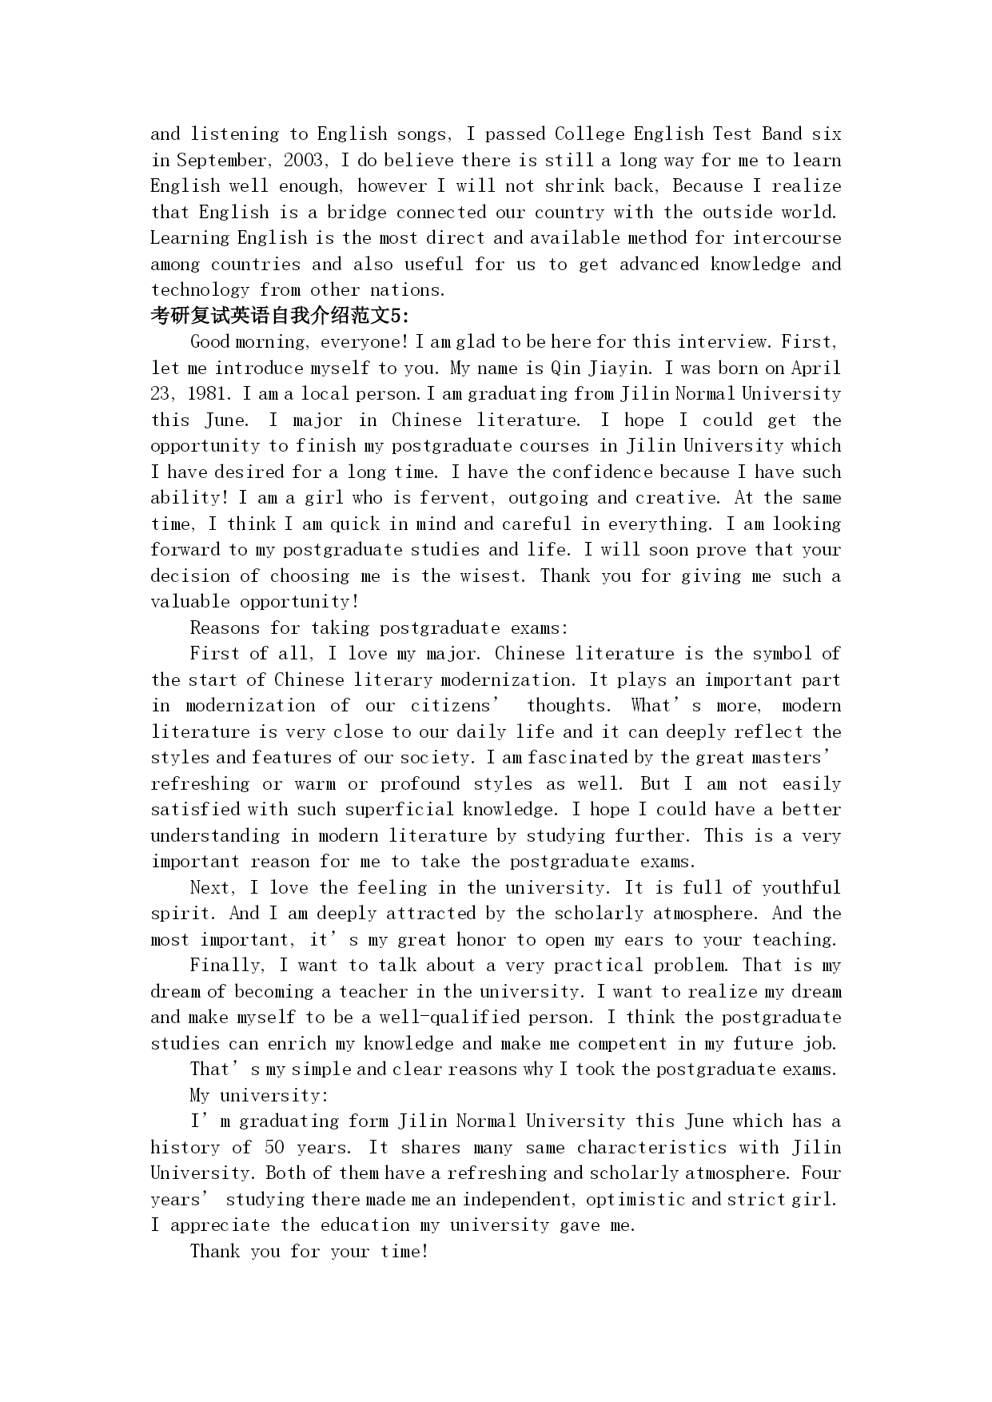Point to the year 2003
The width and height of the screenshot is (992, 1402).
[x=304, y=160]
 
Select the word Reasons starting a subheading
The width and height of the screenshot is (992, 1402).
[x=225, y=627]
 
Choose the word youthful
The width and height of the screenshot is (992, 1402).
[x=801, y=887]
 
